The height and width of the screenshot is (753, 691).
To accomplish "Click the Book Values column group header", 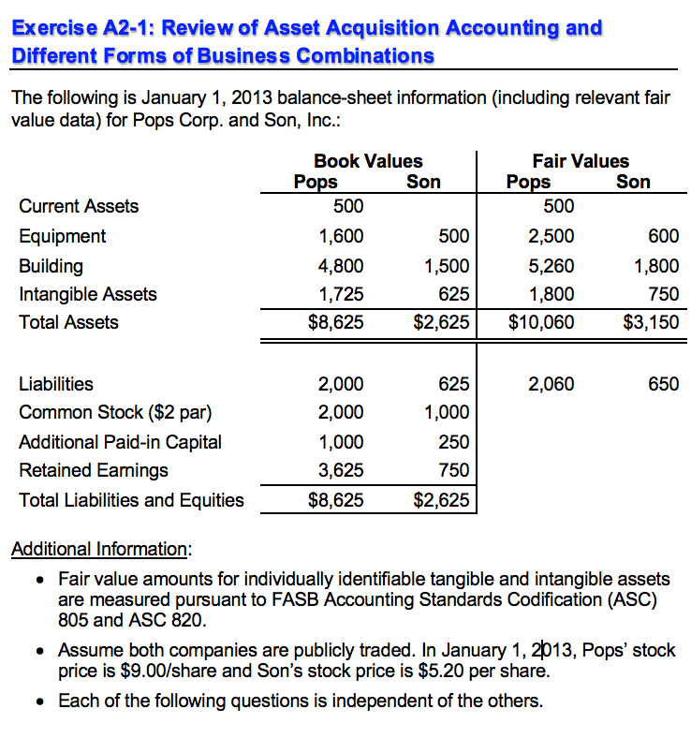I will (368, 161).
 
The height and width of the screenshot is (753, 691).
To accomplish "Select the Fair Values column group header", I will (581, 161).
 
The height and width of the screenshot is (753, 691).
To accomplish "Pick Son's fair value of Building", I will (656, 265).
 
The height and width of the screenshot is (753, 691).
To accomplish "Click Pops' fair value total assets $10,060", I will (541, 322).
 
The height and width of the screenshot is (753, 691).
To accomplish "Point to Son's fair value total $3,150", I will (651, 322).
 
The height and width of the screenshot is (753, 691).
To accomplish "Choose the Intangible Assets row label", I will (88, 294).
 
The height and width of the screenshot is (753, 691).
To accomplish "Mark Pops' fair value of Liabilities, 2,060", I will (551, 383).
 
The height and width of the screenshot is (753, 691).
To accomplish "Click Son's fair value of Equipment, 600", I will (663, 236).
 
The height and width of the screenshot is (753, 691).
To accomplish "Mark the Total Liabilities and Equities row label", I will (131, 500).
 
